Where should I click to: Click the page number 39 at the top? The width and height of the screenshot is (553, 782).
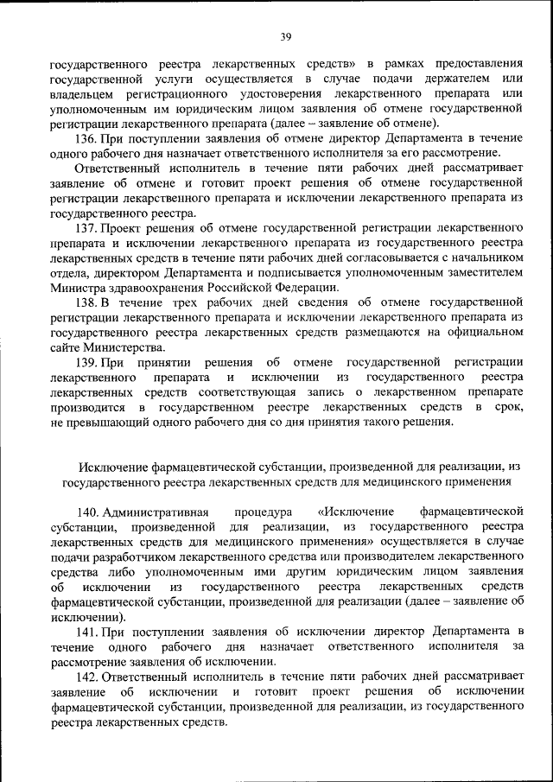[x=286, y=35]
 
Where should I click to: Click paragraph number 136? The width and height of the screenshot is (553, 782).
[x=87, y=139]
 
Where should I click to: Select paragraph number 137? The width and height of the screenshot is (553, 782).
[x=87, y=228]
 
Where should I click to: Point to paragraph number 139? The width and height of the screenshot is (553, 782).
[x=87, y=362]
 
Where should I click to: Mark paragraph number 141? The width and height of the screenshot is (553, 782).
[x=87, y=633]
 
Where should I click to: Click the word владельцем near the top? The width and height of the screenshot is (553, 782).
[x=81, y=94]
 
